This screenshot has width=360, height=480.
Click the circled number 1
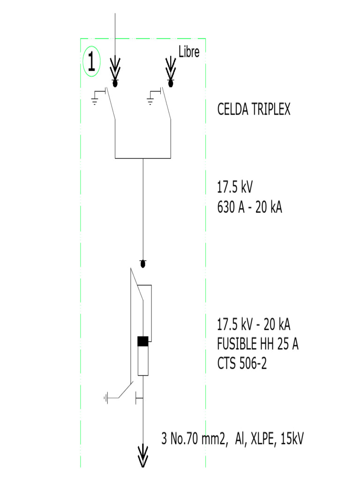(91, 61)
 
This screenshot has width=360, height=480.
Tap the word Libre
(189, 52)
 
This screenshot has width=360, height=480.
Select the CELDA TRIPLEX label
(254, 110)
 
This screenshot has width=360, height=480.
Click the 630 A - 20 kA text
(249, 207)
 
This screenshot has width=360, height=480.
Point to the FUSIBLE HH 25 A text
(258, 345)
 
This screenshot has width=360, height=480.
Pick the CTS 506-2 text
(242, 363)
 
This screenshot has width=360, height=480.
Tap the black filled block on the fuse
(143, 341)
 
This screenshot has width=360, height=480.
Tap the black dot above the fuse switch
(143, 263)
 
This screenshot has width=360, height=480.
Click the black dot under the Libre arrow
(171, 83)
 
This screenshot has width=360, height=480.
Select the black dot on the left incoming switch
(115, 83)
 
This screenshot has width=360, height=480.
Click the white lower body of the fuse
(143, 360)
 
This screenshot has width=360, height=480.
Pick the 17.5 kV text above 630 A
(235, 188)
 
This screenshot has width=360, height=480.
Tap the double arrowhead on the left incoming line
(115, 68)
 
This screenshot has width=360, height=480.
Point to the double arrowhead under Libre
(171, 68)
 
